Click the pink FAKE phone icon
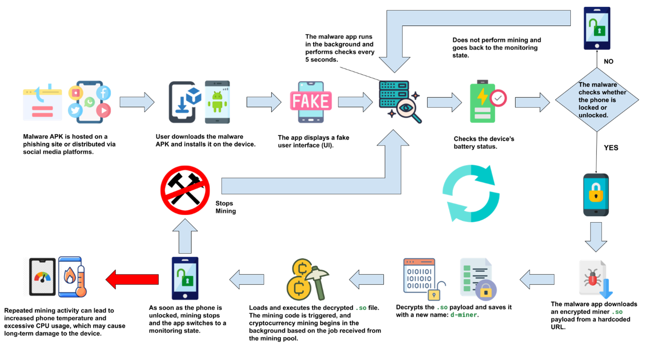click(x=311, y=101)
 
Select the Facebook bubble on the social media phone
click(x=103, y=93)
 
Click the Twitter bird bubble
click(x=75, y=110)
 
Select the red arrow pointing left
click(x=132, y=279)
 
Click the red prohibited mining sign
click(x=185, y=190)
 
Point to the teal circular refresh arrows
click(x=471, y=193)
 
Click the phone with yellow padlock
click(x=595, y=195)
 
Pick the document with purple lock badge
click(x=478, y=279)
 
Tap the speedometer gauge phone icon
click(x=41, y=277)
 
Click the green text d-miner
click(x=463, y=314)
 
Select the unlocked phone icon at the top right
click(x=597, y=28)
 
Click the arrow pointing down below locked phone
click(x=596, y=237)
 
